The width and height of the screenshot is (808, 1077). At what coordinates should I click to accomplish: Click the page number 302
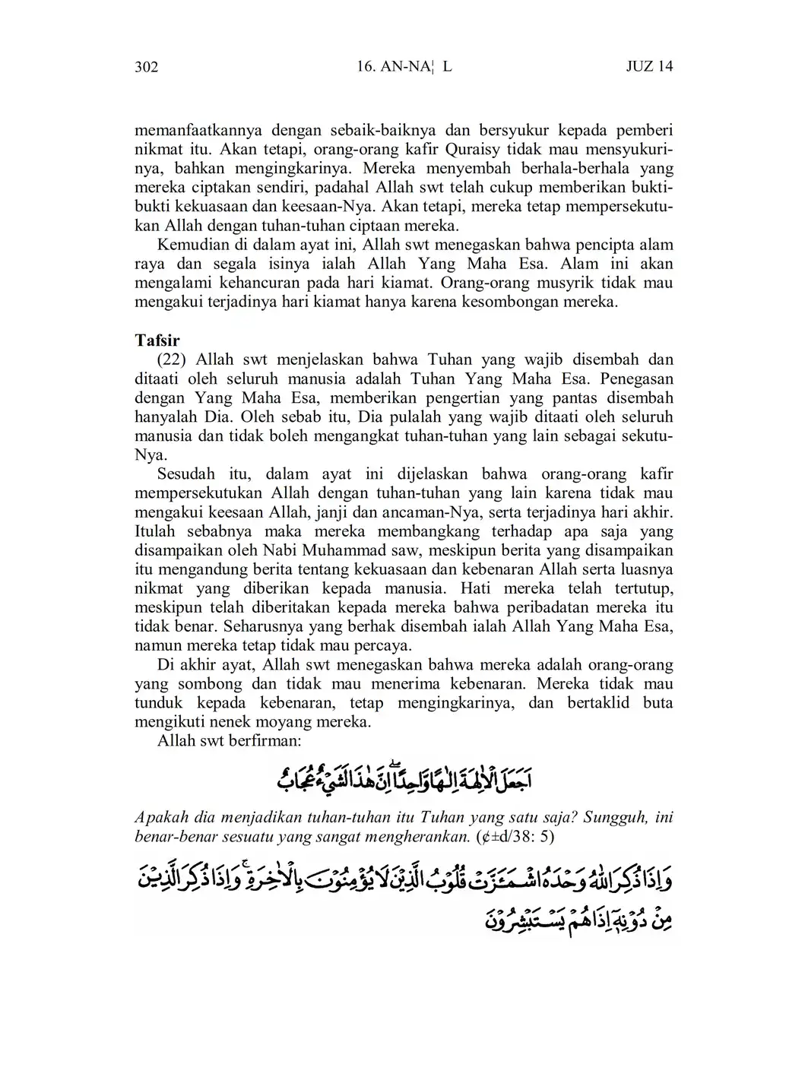pos(146,67)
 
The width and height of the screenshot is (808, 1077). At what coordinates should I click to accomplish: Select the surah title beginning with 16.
pos(404,67)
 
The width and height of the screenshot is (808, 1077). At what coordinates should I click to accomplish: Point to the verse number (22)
pos(173,360)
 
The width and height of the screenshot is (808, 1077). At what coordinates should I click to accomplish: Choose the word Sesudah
pos(187,474)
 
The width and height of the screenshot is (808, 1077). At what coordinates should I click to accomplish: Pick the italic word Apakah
pos(157,818)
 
